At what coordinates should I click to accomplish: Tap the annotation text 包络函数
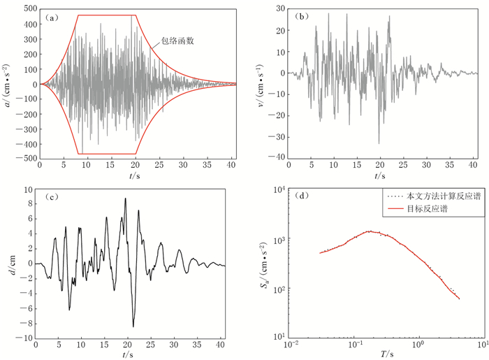pyautogui.click(x=179, y=41)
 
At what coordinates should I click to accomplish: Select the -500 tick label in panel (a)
pyautogui.click(x=26, y=159)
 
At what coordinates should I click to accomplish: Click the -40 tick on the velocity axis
pyautogui.click(x=277, y=159)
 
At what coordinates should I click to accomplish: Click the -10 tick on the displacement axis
pyautogui.click(x=24, y=338)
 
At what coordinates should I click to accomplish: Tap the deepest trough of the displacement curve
pyautogui.click(x=133, y=326)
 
